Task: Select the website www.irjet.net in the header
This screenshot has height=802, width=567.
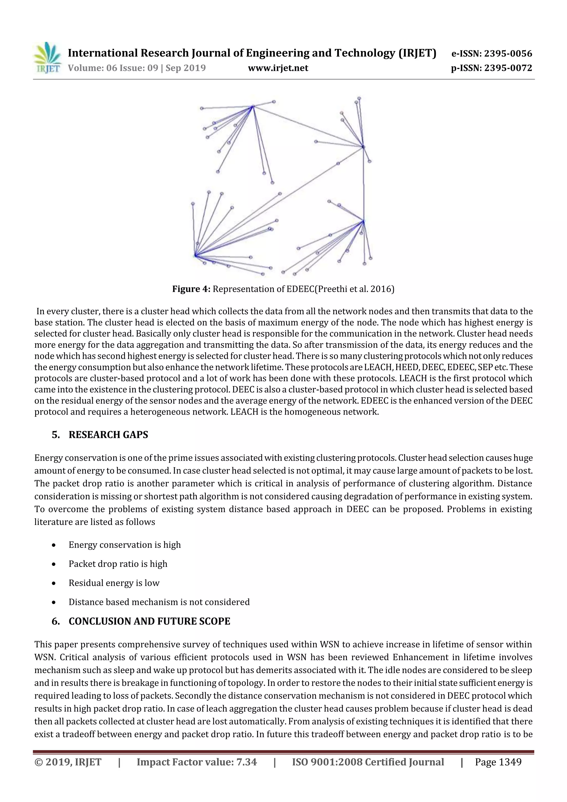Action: [x=278, y=68]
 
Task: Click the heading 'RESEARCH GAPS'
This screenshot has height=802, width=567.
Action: [x=108, y=435]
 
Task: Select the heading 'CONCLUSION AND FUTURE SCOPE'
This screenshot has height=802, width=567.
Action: [x=149, y=621]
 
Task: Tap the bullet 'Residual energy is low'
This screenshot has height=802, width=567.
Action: [x=114, y=583]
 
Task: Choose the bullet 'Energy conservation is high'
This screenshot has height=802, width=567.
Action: [x=125, y=545]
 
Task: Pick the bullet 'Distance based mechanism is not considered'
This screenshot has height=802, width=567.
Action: [x=159, y=602]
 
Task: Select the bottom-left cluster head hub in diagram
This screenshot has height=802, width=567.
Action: [x=195, y=255]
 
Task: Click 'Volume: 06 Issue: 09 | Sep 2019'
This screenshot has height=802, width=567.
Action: [x=136, y=68]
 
